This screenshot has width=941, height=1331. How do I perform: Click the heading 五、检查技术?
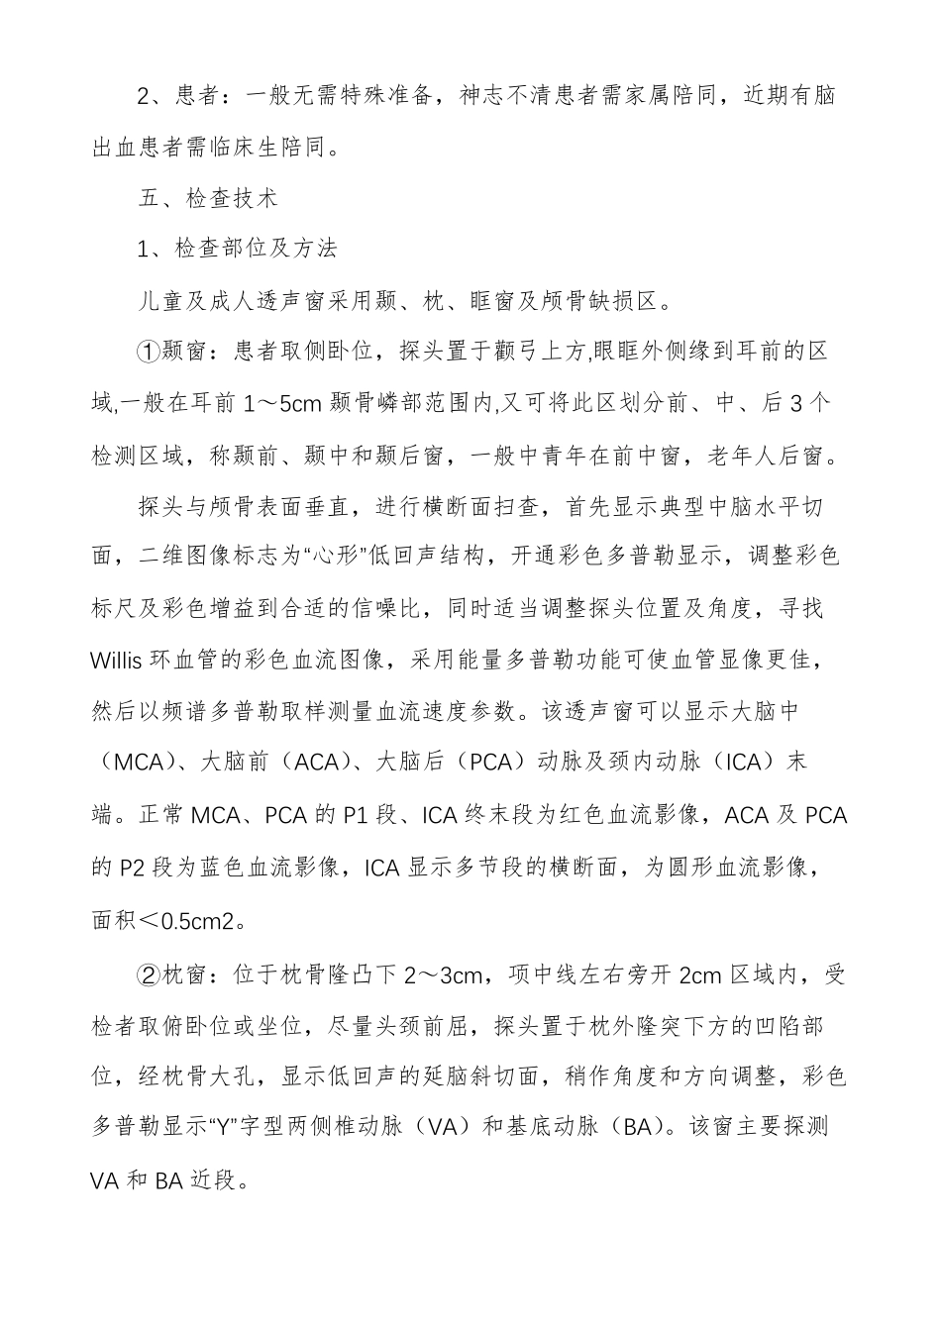coord(208,198)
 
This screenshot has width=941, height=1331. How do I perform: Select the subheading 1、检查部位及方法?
coord(238,249)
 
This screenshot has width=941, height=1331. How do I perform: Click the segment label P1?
coord(356,815)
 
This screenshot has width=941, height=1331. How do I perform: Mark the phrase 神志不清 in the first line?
coord(515,96)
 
